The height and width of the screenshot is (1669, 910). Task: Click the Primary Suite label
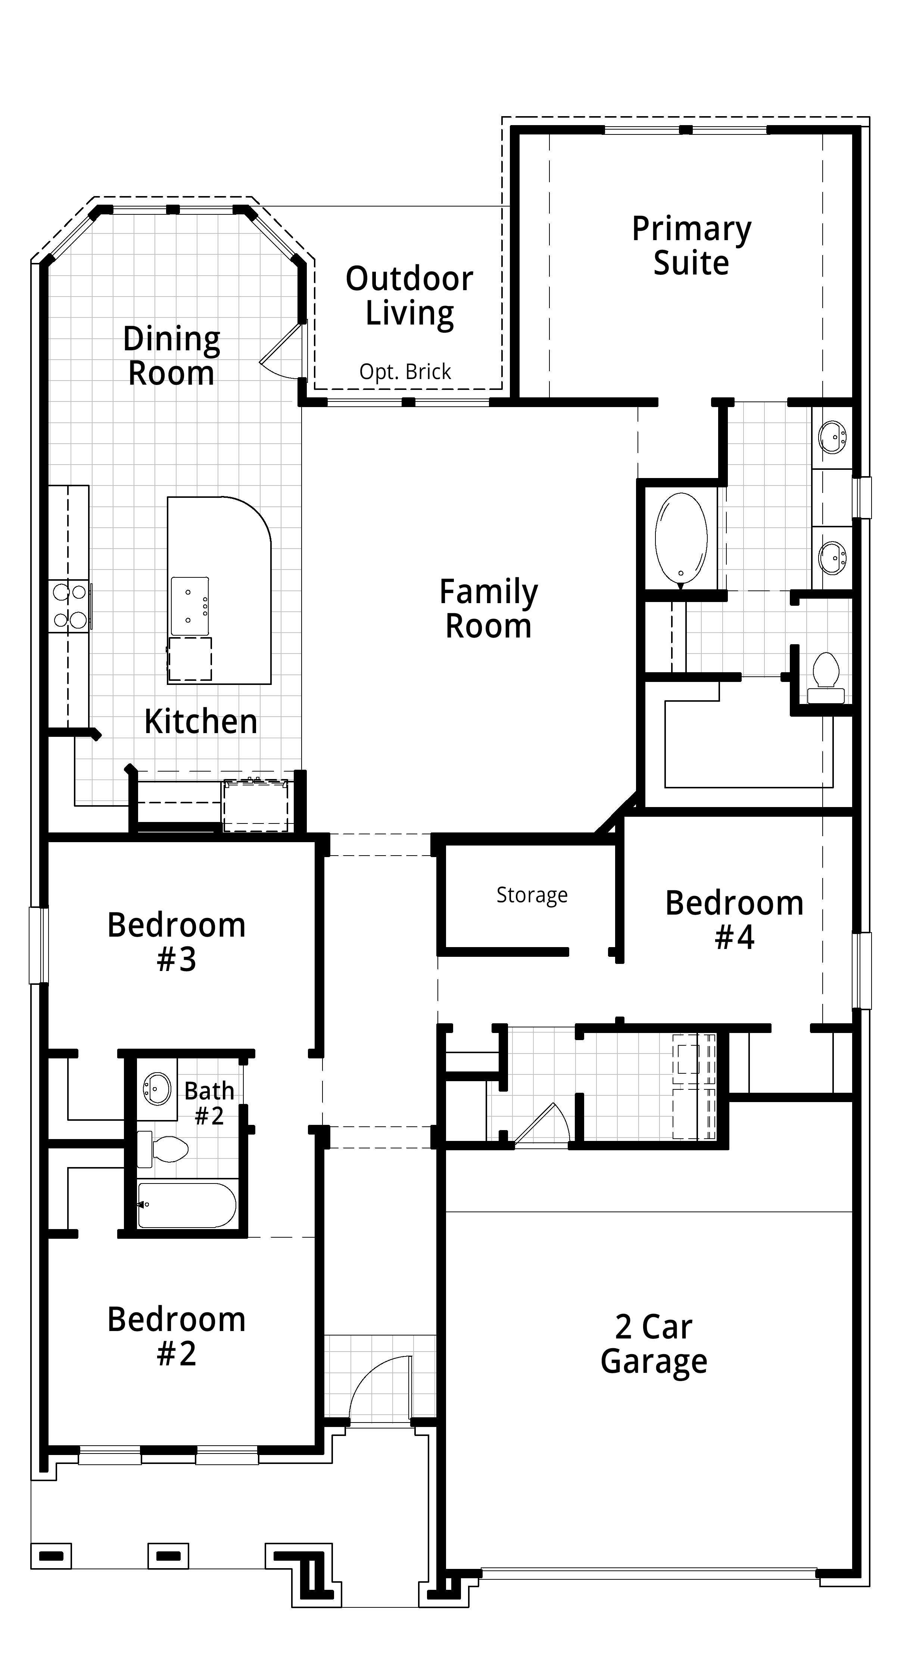tap(691, 246)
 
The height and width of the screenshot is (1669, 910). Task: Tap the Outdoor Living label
tap(409, 295)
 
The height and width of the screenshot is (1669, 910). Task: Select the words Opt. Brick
tap(405, 372)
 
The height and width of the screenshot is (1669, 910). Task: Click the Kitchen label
tap(201, 721)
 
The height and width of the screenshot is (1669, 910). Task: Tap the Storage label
tap(532, 895)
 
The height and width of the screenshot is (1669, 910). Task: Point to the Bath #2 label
tap(209, 1103)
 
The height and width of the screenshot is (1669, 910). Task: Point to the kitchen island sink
tap(190, 606)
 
